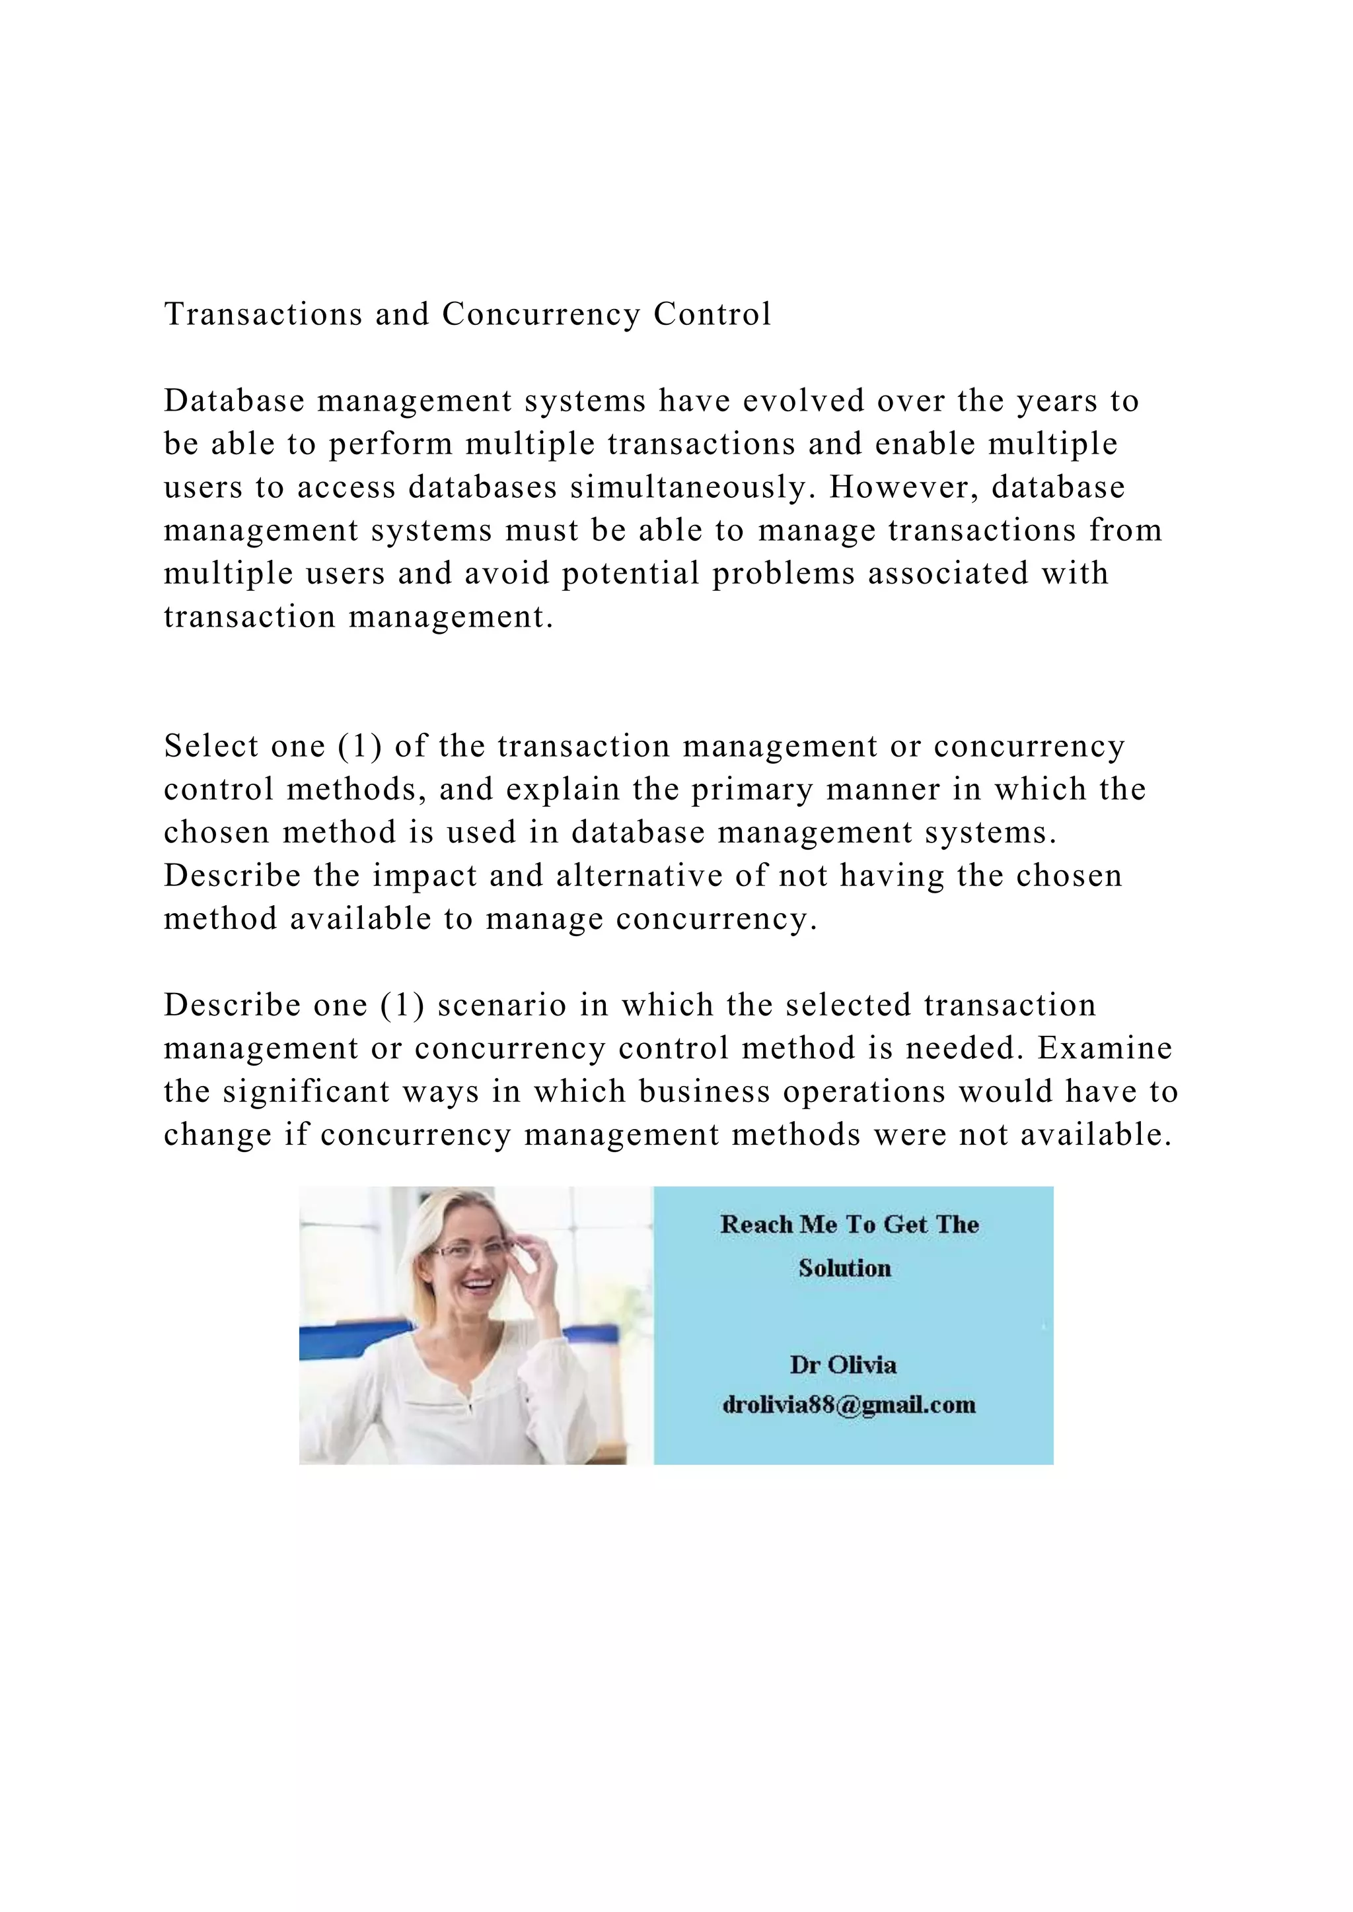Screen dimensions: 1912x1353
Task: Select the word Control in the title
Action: pos(712,314)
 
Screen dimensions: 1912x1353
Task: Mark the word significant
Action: pos(307,1092)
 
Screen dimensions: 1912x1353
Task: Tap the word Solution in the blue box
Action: pos(845,1268)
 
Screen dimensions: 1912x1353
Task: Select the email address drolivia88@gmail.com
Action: pos(849,1405)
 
